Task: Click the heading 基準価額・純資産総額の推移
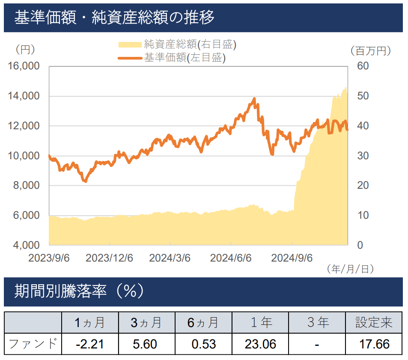(x=114, y=18)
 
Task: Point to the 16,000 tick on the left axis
(x=24, y=66)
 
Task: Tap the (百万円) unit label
(x=371, y=51)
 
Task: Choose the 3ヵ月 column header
(x=146, y=322)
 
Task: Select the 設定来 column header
(x=374, y=322)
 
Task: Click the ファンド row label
(x=33, y=344)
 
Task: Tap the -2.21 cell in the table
(x=89, y=344)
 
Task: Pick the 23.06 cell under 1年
(x=260, y=344)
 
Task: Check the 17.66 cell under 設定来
(x=374, y=344)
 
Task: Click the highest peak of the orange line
(x=255, y=99)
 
